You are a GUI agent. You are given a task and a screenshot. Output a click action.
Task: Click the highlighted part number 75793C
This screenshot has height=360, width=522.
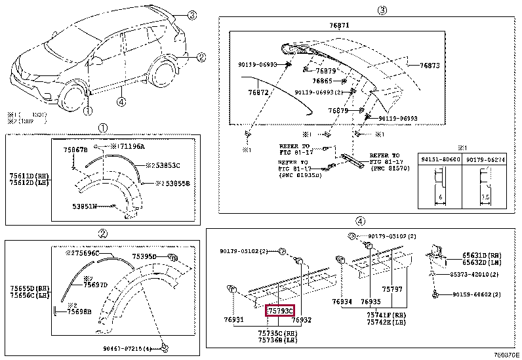[x=280, y=310]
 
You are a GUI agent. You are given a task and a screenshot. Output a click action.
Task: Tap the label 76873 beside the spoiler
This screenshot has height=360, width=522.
[x=430, y=66]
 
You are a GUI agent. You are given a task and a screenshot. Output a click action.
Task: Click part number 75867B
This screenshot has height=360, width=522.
[x=75, y=150]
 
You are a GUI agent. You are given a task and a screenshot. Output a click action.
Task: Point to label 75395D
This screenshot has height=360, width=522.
[x=144, y=257]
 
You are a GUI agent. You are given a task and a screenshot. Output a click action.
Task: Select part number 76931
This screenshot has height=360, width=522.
[x=234, y=320]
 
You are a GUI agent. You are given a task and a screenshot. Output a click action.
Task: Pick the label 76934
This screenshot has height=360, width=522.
[x=342, y=302]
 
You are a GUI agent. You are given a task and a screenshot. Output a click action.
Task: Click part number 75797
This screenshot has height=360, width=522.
[x=392, y=289]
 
